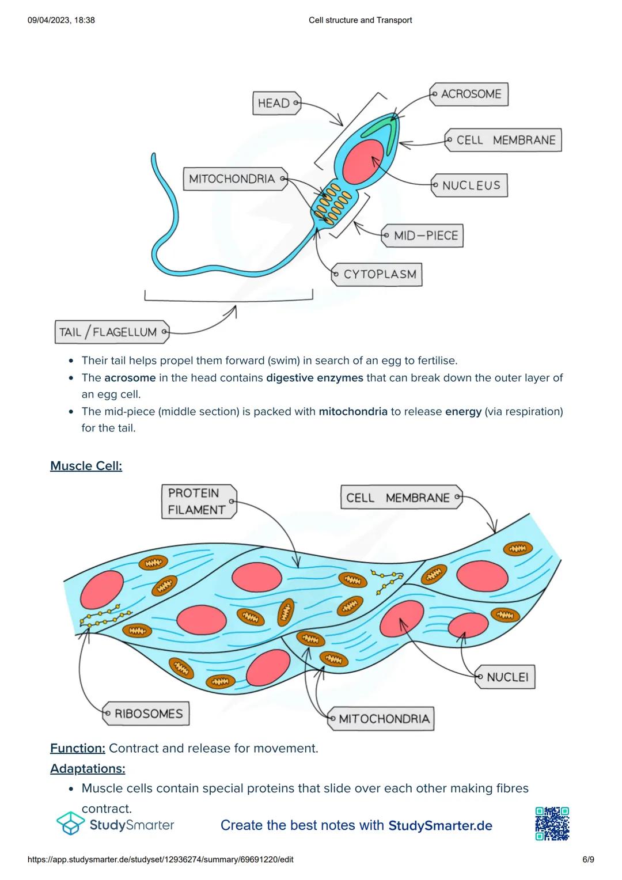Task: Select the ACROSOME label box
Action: tap(469, 94)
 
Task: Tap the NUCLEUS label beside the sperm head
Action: tap(470, 185)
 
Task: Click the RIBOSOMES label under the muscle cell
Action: tap(146, 714)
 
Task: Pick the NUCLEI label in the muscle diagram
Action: tap(506, 677)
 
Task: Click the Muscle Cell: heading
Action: tap(86, 466)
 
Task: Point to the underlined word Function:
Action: tap(77, 748)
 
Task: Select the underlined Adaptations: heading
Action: tap(88, 768)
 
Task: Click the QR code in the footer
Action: tap(552, 824)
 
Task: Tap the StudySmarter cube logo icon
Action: tap(70, 824)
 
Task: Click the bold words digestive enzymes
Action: tap(314, 378)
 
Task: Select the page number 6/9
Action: tap(587, 859)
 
